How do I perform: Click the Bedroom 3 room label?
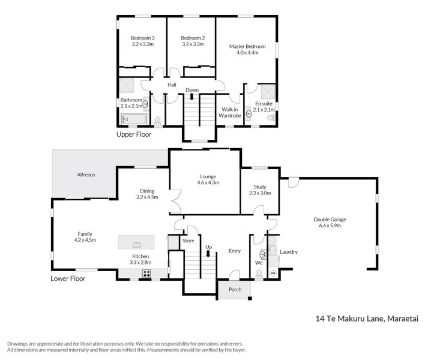[142, 38]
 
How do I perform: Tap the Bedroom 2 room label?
[193, 38]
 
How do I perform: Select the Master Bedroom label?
[247, 46]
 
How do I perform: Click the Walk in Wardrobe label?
[229, 112]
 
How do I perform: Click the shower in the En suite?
[267, 91]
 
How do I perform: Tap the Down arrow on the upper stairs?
[191, 96]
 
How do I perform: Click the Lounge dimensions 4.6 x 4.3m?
[208, 182]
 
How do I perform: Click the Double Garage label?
[330, 219]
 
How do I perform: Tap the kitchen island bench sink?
[137, 243]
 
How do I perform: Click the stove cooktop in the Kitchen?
[146, 274]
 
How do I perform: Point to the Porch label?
[234, 290]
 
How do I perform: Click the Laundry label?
[288, 252]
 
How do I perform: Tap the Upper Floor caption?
[134, 134]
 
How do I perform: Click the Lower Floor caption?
[68, 278]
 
